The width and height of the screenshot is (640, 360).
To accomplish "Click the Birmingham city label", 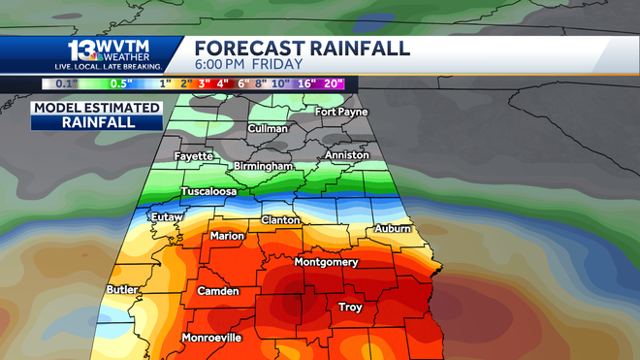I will [x=264, y=167].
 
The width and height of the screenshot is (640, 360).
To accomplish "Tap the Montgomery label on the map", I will [x=326, y=262].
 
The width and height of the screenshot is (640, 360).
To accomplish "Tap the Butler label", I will [x=121, y=290].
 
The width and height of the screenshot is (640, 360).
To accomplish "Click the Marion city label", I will [x=228, y=235].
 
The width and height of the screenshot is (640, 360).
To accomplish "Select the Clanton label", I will [x=280, y=220].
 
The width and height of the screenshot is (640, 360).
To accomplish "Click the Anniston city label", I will [x=347, y=155].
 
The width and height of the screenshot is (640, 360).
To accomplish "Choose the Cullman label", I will [x=268, y=128].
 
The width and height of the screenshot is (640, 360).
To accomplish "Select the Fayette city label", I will [x=194, y=156].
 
